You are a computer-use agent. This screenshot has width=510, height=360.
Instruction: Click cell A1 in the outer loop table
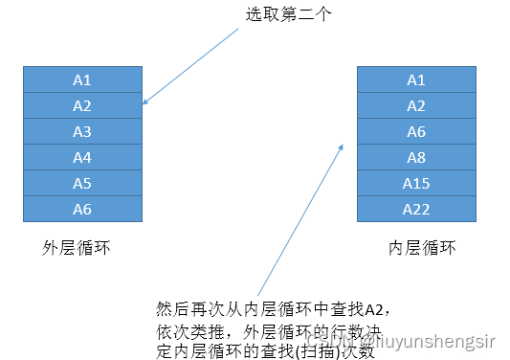pos(82,79)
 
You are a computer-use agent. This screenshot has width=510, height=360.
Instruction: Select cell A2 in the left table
pos(82,104)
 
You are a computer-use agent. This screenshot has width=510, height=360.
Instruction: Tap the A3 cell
pos(82,130)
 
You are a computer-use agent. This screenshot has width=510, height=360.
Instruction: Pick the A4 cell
pos(82,156)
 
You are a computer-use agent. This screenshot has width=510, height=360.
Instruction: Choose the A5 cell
pos(82,182)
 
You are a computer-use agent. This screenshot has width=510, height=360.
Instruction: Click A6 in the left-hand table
pos(82,208)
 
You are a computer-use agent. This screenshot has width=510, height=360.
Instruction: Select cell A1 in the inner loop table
pos(416,79)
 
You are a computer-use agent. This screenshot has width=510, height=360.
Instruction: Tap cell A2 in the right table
pos(416,104)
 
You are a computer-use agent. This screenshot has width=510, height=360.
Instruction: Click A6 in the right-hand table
pos(416,130)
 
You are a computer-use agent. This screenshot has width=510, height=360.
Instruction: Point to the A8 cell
pos(416,156)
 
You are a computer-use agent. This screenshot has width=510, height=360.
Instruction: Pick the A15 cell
pos(416,182)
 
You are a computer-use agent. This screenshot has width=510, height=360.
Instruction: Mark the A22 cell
pos(416,208)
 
